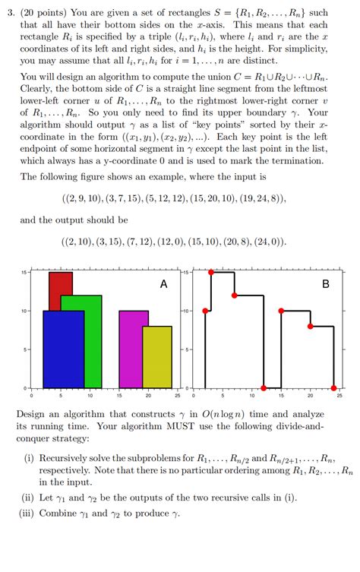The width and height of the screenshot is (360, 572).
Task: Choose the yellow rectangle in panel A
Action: click(157, 357)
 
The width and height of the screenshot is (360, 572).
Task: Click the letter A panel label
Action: click(163, 284)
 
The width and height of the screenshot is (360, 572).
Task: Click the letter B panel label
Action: click(326, 284)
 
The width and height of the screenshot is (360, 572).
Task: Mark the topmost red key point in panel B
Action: click(212, 272)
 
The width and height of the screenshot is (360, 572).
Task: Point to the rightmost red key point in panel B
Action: click(334, 388)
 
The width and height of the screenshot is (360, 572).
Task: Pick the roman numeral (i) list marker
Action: click(30, 458)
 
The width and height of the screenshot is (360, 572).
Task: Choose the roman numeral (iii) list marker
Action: click(27, 514)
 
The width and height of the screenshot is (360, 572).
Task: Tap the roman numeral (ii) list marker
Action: click(29, 498)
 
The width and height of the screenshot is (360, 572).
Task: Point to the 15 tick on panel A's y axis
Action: click(24, 273)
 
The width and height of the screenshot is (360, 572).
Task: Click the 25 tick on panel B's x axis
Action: click(339, 396)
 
